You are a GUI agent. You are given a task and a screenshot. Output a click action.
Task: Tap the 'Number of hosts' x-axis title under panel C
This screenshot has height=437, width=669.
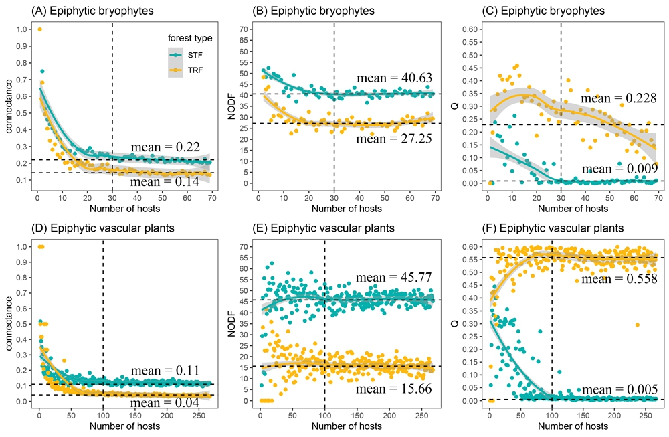561,207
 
